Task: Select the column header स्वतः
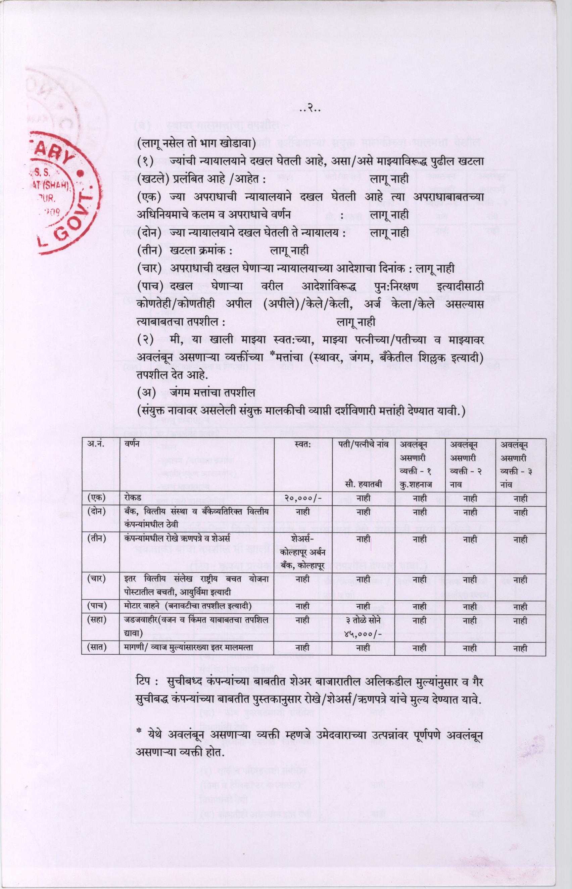303,445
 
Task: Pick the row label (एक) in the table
96,498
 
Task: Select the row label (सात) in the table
96,647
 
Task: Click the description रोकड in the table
133,498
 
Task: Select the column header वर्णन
133,445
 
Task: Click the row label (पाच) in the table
96,606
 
